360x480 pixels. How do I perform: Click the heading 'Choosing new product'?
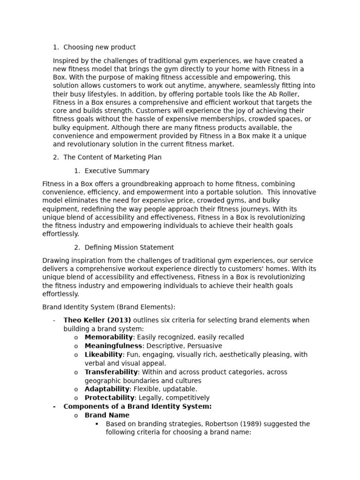tap(99, 47)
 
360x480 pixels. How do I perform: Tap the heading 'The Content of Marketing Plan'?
tap(112, 157)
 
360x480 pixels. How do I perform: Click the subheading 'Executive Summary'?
tap(117, 171)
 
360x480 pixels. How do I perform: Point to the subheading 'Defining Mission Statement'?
tap(129, 247)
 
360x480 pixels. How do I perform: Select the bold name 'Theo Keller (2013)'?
tap(97, 320)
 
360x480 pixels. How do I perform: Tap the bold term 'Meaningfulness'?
tap(113, 346)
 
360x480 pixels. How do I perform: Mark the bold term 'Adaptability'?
tap(107, 389)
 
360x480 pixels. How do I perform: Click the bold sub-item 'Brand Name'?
tap(107, 415)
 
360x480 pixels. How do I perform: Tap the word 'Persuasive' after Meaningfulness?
tap(205, 346)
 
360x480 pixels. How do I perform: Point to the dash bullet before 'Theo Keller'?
tap(54, 320)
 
